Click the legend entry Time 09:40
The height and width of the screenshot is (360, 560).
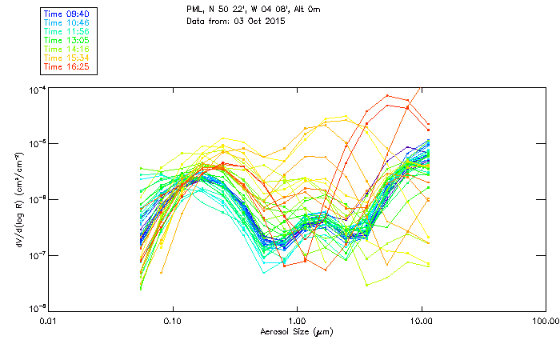[x=66, y=14]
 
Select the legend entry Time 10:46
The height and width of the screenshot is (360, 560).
[x=66, y=22]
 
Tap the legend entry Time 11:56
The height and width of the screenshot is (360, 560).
[x=66, y=31]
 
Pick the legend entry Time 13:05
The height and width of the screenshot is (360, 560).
[x=66, y=40]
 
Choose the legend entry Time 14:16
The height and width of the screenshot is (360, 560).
[x=66, y=49]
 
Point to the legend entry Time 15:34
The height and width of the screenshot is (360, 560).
[x=66, y=58]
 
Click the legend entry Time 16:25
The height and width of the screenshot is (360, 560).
[x=66, y=66]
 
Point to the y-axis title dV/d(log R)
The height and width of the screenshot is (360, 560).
[x=18, y=200]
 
